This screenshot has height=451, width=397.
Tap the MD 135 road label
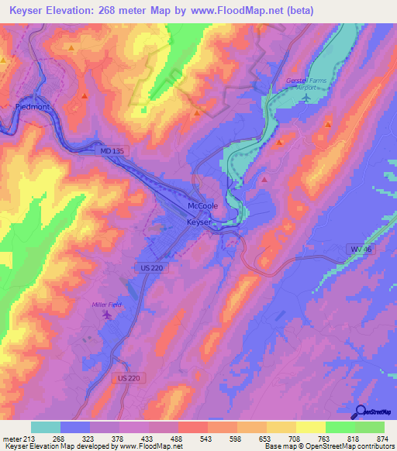112,150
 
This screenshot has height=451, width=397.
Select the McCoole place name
202,206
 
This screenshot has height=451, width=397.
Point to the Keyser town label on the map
199,222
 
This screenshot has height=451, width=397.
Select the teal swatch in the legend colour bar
46,427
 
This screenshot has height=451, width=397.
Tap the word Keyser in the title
31,9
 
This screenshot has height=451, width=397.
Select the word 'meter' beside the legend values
12,438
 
